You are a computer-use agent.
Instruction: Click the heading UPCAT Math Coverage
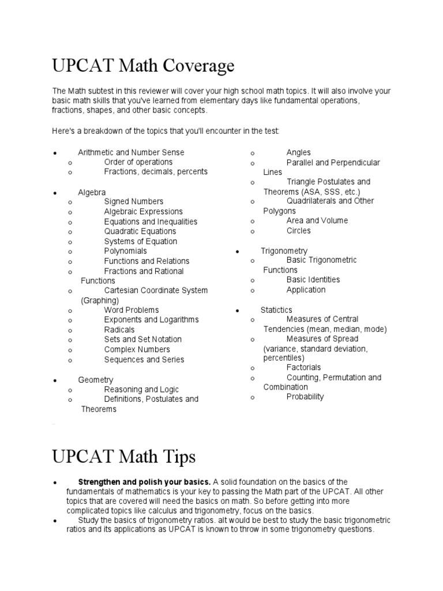coord(144,66)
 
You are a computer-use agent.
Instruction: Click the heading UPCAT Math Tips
coord(124,457)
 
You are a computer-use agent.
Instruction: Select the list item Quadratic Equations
coord(140,231)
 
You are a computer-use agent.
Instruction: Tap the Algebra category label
coord(92,192)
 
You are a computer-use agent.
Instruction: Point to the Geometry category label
coord(96,380)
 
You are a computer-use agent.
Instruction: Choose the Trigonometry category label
coord(284,251)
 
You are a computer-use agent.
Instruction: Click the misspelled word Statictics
coord(276,310)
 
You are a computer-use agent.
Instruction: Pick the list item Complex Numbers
coord(137,349)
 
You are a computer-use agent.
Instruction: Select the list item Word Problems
coord(131,310)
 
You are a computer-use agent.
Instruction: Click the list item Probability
coord(305,397)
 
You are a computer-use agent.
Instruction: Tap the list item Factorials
coord(303,367)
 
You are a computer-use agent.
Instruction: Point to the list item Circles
coord(298,230)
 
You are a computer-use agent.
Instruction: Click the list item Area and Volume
coord(317,220)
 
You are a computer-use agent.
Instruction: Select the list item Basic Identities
coord(313,279)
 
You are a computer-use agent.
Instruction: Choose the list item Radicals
coord(119,330)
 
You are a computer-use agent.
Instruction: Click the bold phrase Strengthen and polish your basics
coord(144,482)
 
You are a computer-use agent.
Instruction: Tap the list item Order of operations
coord(138,162)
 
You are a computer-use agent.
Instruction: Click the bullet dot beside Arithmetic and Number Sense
coord(54,153)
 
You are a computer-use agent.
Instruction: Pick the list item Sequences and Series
coord(144,360)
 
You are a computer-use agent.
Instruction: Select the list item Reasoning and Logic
coord(141,390)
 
